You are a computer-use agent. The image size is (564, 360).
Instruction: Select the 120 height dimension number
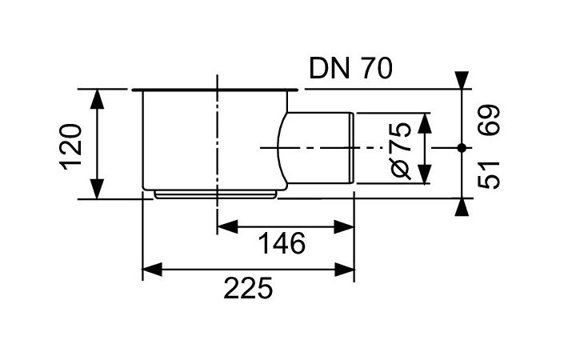(x=71, y=145)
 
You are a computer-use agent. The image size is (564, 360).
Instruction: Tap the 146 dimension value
(x=282, y=243)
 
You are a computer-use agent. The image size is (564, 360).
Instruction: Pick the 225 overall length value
(x=248, y=286)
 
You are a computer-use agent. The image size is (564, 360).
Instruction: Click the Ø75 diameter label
(x=402, y=149)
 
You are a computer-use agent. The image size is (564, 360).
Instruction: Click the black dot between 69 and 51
(x=462, y=147)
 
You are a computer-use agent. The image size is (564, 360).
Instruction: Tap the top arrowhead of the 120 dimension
(x=97, y=98)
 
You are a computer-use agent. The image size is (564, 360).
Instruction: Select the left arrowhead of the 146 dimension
(x=226, y=226)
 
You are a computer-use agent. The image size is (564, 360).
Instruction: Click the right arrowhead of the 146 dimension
(x=345, y=226)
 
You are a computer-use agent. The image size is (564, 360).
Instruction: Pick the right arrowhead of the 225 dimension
(x=345, y=270)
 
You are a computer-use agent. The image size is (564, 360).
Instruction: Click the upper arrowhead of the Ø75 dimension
(x=425, y=122)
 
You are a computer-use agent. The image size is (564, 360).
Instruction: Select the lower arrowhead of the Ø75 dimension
(x=425, y=175)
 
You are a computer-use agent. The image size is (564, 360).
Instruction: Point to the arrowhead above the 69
(x=462, y=80)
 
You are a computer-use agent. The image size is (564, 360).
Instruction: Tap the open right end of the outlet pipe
(x=353, y=148)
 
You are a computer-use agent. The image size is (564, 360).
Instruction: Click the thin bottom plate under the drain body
(x=216, y=193)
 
